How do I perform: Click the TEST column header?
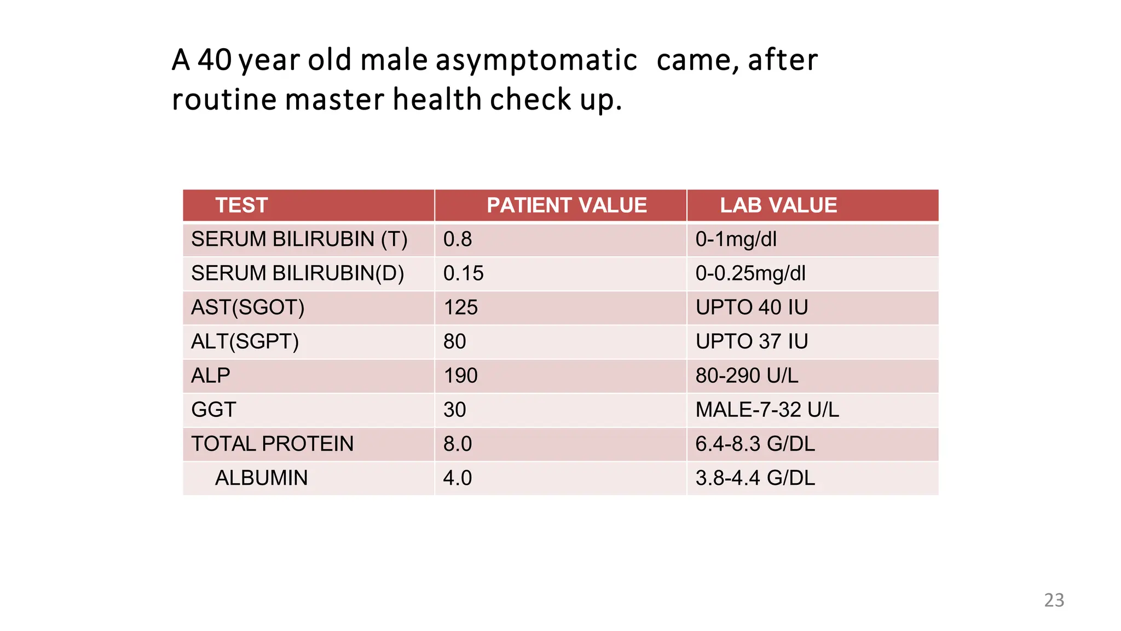pos(241,205)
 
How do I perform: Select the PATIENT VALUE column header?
pos(567,205)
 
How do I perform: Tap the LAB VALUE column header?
pos(778,205)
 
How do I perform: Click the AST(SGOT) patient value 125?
pos(460,307)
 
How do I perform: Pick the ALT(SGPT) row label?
pos(245,341)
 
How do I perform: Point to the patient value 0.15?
pos(463,273)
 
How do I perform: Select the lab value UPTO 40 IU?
pos(752,307)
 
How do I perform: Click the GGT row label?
pos(213,410)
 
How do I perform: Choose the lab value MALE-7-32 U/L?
pos(767,410)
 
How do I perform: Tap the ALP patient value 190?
pos(460,376)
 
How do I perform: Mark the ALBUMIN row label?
pos(261,478)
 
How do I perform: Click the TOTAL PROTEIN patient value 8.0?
pos(457,444)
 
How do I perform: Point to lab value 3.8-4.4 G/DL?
pos(755,478)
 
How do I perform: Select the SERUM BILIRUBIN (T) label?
pos(299,239)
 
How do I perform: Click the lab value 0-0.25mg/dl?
pos(750,273)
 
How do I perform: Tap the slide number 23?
pos(1054,600)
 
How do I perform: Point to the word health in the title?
pos(437,100)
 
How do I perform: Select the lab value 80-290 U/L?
pos(747,376)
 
